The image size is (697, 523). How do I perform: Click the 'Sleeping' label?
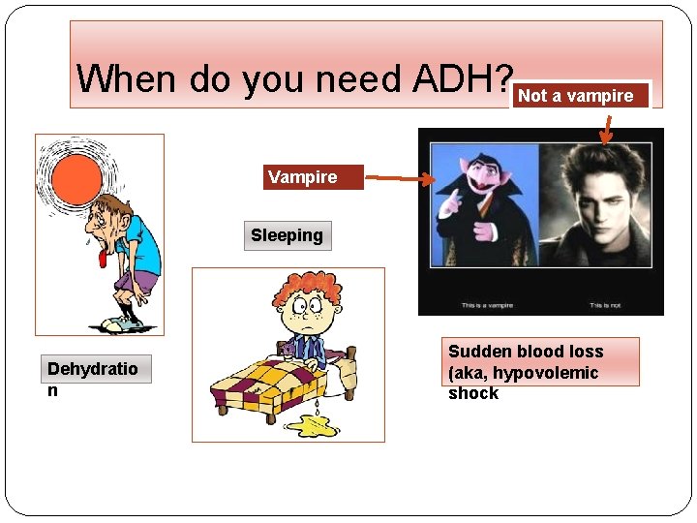pos(287,235)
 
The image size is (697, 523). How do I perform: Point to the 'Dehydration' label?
pos(93,369)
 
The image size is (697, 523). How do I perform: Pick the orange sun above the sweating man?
pos(76,177)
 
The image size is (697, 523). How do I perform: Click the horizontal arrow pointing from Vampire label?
pos(397,178)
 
